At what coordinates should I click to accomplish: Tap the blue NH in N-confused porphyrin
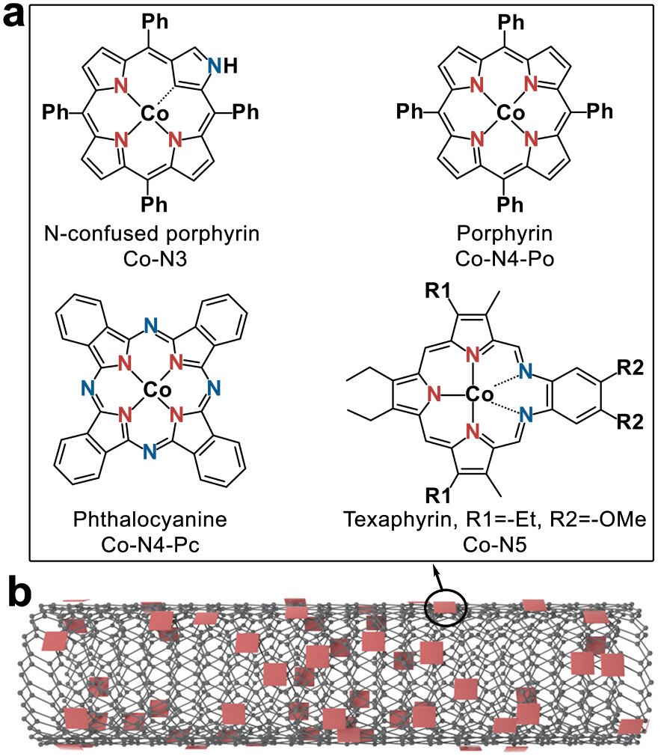(221, 67)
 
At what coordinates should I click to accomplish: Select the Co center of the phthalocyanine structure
(156, 389)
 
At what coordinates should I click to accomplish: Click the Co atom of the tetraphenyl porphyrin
(511, 113)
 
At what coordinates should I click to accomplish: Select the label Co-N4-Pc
(156, 541)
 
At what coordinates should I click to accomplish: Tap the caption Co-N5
(494, 541)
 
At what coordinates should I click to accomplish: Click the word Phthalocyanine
(156, 519)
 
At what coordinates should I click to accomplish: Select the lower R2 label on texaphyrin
(630, 422)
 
